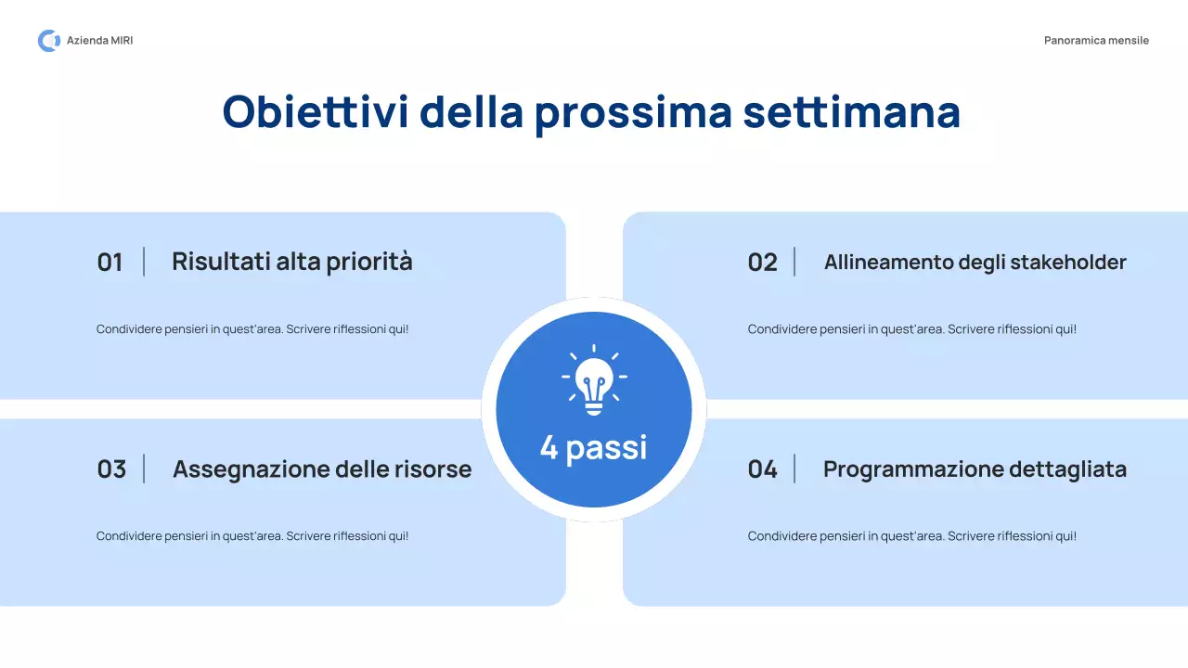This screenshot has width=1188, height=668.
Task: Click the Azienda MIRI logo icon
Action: tap(48, 41)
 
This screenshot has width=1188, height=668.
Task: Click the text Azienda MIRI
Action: tap(99, 41)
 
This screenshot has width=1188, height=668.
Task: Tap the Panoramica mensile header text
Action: tap(1096, 41)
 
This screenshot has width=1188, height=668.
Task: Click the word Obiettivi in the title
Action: tap(315, 112)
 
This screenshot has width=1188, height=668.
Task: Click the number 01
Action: tap(110, 263)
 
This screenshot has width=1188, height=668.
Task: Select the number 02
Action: tap(762, 263)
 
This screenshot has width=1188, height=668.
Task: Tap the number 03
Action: tap(111, 469)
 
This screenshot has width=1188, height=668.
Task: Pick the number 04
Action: tap(762, 469)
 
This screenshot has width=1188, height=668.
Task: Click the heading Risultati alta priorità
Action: tap(291, 262)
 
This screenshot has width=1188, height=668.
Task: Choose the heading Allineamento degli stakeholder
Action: tap(975, 263)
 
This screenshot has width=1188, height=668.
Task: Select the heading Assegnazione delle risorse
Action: tap(322, 469)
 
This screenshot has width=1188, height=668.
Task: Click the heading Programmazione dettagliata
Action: tap(975, 469)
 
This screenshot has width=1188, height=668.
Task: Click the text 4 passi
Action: tap(594, 448)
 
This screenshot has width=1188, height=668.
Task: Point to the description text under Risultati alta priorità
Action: tap(252, 329)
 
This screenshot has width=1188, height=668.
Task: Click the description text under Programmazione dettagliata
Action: tap(912, 536)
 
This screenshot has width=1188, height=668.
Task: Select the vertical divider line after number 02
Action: tap(794, 262)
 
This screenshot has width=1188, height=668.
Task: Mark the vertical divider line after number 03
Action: tap(144, 469)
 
